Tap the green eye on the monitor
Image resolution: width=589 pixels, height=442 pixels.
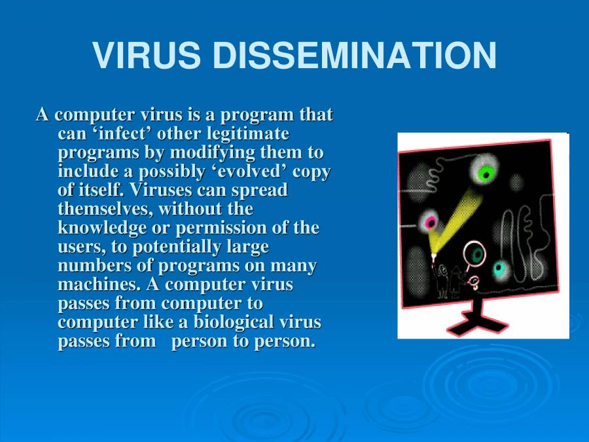click(x=486, y=173)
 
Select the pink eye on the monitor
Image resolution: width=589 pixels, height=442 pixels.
click(x=431, y=222)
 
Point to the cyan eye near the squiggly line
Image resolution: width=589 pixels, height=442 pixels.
click(x=500, y=268)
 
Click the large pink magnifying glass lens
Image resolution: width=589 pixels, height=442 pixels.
click(x=476, y=253)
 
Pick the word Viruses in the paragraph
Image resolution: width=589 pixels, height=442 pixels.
click(x=162, y=191)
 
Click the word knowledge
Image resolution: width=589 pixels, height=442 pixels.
click(x=100, y=228)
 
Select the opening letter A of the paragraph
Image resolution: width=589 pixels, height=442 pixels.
click(x=43, y=115)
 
